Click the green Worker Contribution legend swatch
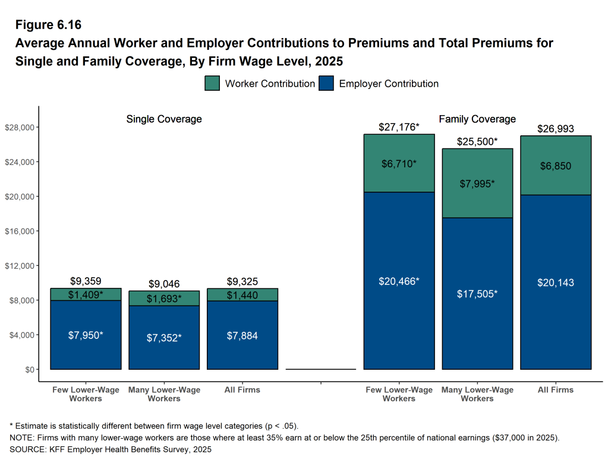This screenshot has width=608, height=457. coord(212,84)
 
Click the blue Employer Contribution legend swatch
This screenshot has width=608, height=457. coord(326,84)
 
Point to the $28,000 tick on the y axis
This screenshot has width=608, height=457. coord(20,128)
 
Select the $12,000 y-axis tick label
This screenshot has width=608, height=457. coord(20,266)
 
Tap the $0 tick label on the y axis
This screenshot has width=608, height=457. coord(28,370)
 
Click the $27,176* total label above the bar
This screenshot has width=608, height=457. coord(399,127)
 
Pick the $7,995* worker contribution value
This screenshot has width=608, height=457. coord(477,184)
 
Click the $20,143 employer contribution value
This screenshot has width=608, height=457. coord(556,283)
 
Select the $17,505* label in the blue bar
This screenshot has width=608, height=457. coord(477,294)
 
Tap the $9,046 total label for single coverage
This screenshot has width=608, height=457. coord(163,284)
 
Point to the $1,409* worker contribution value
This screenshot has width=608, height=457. coord(86,294)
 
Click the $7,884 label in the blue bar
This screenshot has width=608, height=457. coord(242,336)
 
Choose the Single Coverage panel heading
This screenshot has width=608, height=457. coord(164,119)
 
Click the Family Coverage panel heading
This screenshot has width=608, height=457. coord(477,119)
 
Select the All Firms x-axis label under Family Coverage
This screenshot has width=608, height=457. coord(556,390)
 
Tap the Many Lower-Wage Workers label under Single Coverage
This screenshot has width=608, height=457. coord(164,394)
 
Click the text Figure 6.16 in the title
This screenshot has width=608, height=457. coord(48,25)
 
